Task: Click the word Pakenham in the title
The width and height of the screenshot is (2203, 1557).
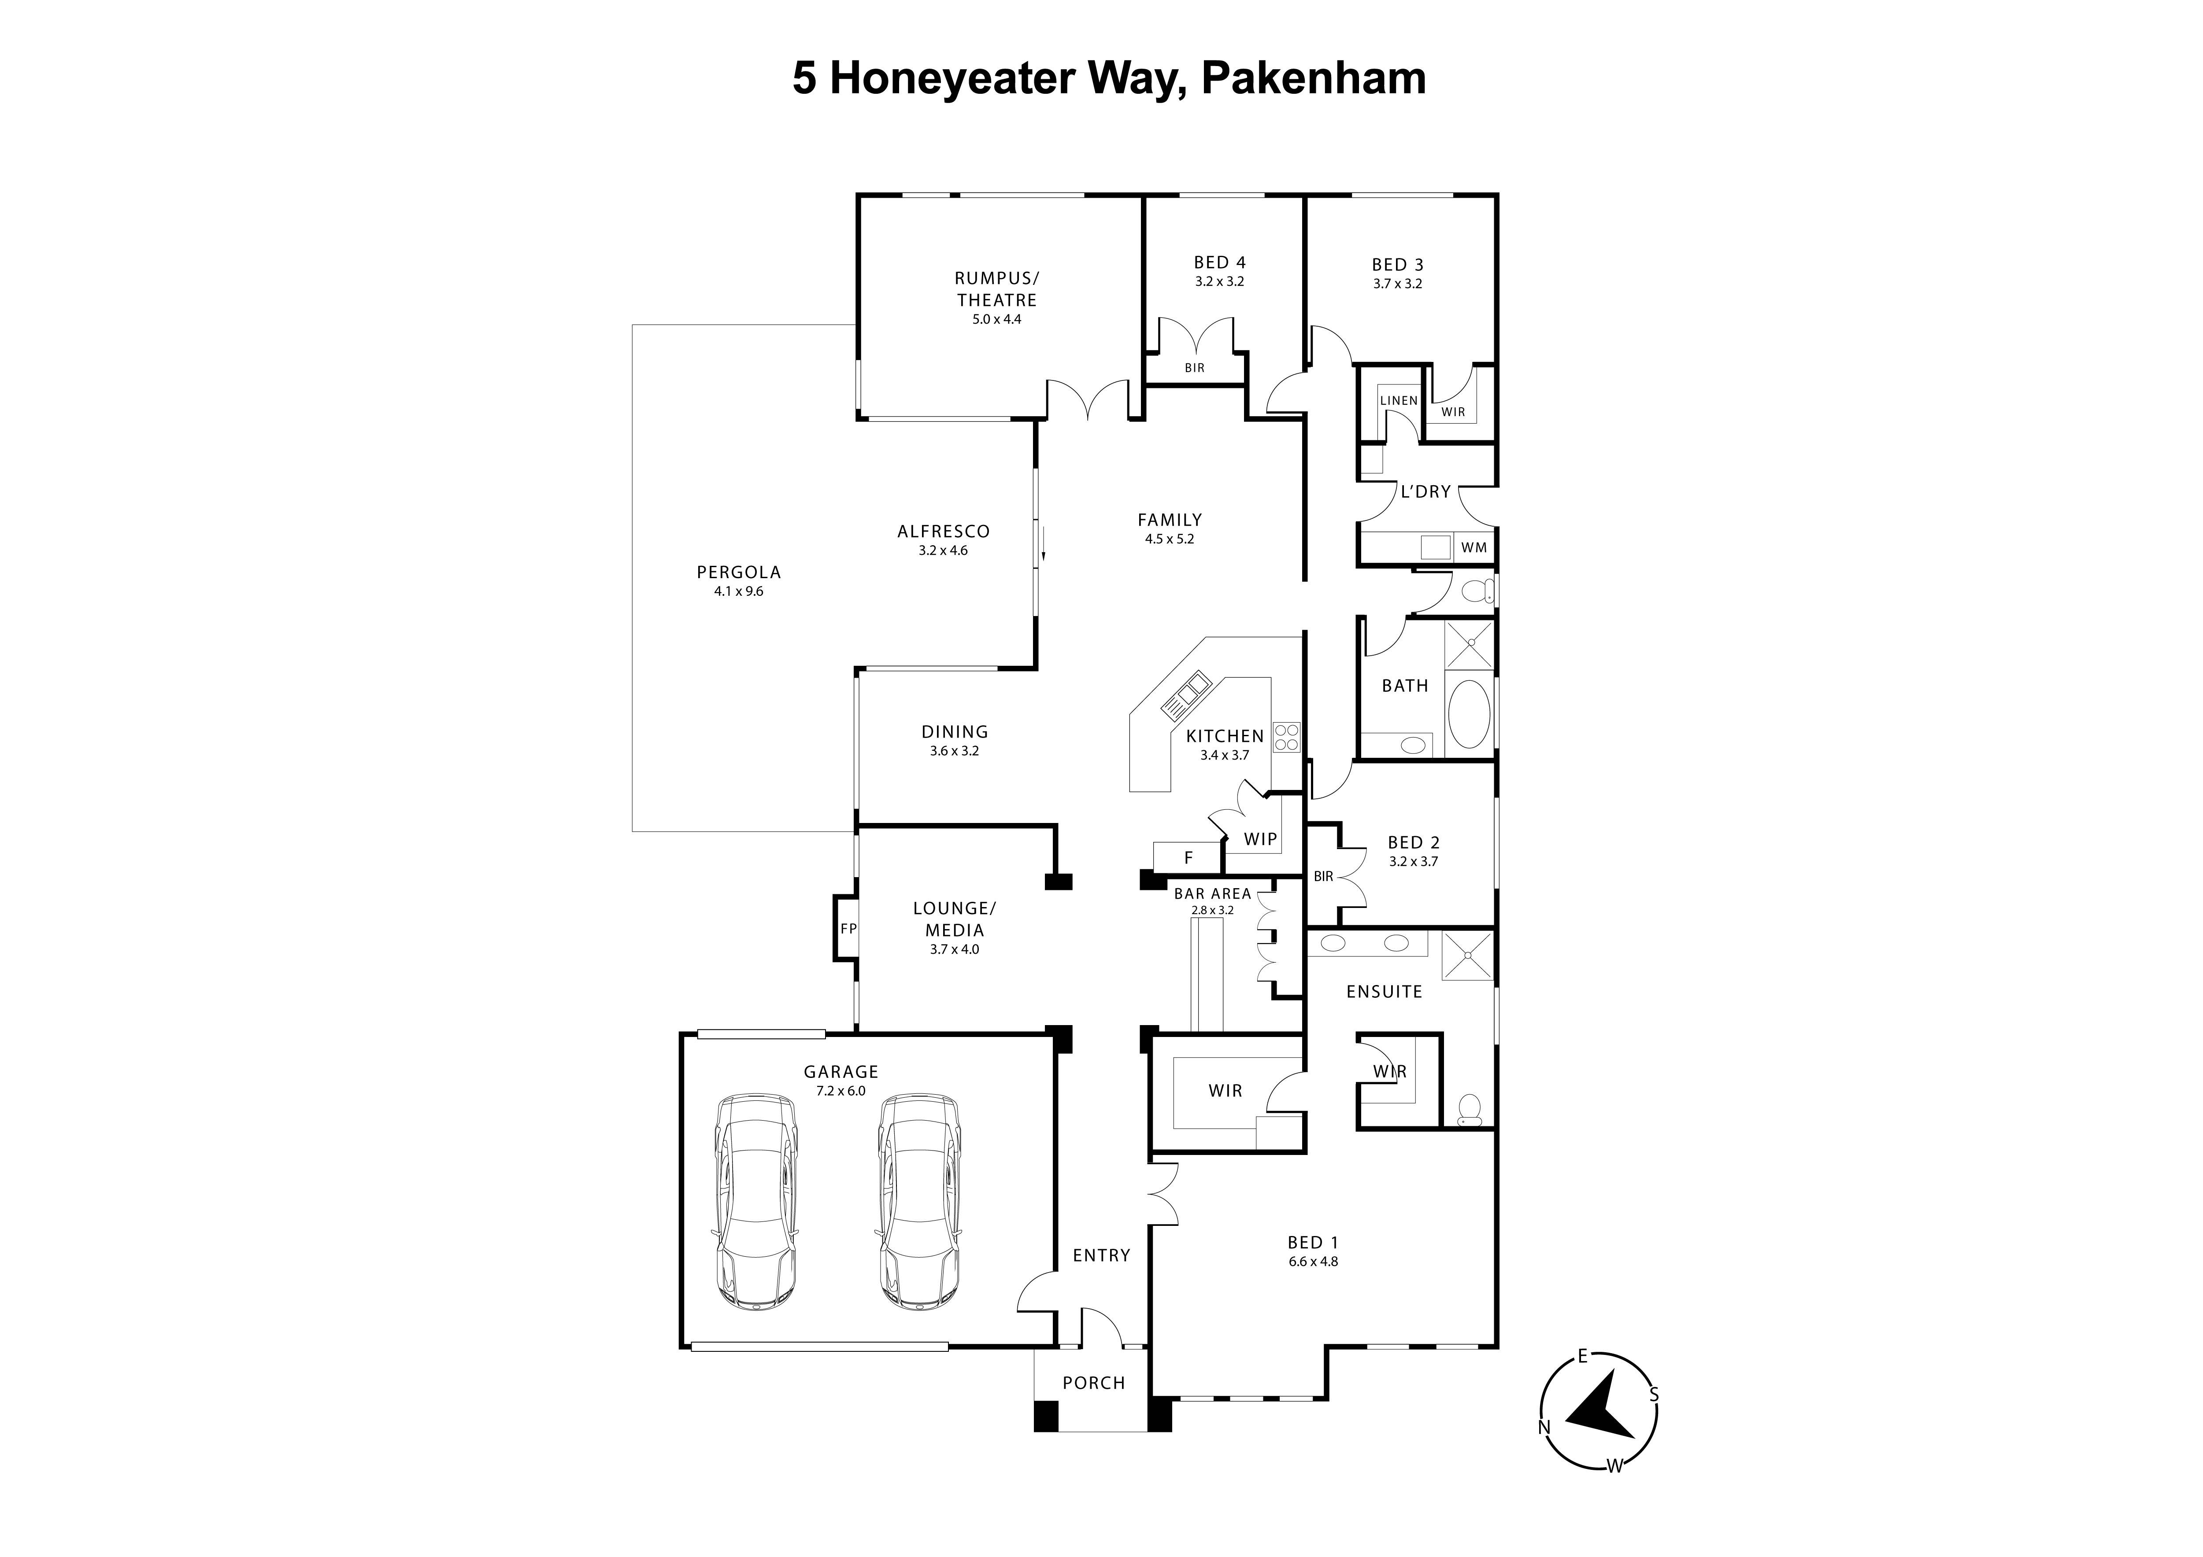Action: [x=1313, y=79]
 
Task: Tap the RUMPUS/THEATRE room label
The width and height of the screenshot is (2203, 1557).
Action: [x=996, y=289]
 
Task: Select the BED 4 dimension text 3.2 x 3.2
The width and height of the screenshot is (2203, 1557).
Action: [x=1219, y=282]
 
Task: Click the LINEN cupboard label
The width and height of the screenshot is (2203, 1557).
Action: [x=1398, y=401]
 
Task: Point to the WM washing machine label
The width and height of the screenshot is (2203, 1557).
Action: [x=1474, y=548]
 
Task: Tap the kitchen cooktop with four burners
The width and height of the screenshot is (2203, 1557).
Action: [x=1287, y=737]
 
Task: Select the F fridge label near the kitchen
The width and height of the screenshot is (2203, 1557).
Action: [x=1188, y=858]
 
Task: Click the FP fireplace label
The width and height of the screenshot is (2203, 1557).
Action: [x=848, y=929]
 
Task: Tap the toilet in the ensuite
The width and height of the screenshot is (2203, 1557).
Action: [x=1469, y=1111]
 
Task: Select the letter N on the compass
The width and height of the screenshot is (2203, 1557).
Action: [x=1544, y=1427]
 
